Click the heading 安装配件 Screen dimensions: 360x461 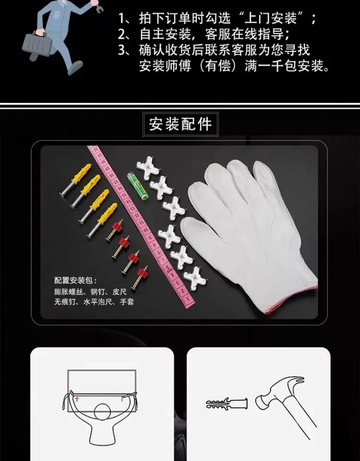pyautogui.click(x=180, y=124)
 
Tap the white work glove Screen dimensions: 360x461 pyautogui.click(x=250, y=232)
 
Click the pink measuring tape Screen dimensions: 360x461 pyautogui.click(x=141, y=226)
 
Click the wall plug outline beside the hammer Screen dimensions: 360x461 pyautogui.click(x=227, y=404)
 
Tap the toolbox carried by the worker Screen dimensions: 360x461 pyautogui.click(x=37, y=44)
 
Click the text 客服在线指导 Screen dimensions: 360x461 pyautogui.click(x=244, y=34)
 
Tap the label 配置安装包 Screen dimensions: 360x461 pyautogui.click(x=73, y=280)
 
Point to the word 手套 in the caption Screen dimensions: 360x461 pyautogui.click(x=127, y=302)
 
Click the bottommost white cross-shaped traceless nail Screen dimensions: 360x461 pyautogui.click(x=193, y=277)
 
